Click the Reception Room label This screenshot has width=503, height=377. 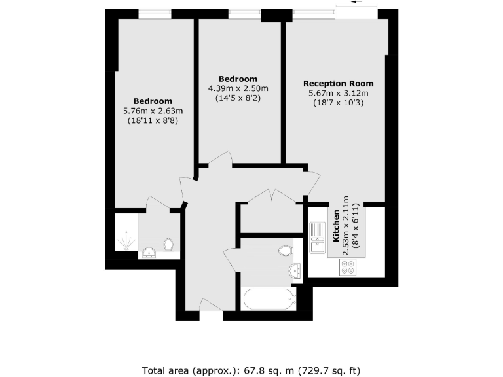tap(338, 84)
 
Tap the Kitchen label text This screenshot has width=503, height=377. tap(336, 226)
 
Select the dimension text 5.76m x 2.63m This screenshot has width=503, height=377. tap(153, 111)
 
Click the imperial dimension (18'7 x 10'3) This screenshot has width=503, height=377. tap(338, 103)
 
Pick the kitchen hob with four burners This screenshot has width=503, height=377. tap(347, 266)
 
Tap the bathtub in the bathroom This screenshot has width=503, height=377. tap(269, 300)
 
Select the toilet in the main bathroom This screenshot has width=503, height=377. tap(286, 250)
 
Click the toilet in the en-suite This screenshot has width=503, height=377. tap(168, 245)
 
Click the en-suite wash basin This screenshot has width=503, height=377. tap(149, 253)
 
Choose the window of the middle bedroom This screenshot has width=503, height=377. tap(244, 13)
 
